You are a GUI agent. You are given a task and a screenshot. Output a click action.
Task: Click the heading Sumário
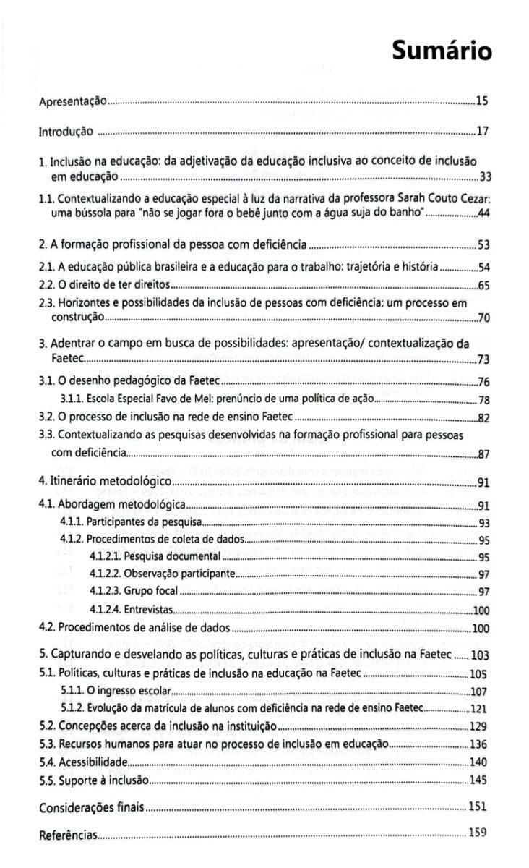point(442,51)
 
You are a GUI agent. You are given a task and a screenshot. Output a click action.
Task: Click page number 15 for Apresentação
point(483,101)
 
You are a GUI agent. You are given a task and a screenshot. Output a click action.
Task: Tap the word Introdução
point(65,132)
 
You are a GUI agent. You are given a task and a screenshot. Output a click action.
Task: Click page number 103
point(481,655)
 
